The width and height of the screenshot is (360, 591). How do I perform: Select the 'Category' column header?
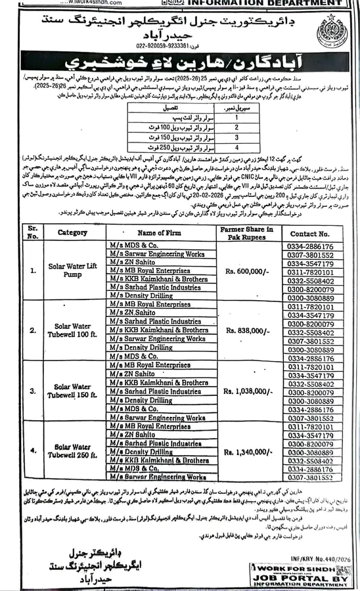[x=72, y=232]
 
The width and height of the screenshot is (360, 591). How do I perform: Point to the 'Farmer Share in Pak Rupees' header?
[x=243, y=232]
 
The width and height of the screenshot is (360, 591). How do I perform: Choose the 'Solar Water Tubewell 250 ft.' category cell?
[x=72, y=452]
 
